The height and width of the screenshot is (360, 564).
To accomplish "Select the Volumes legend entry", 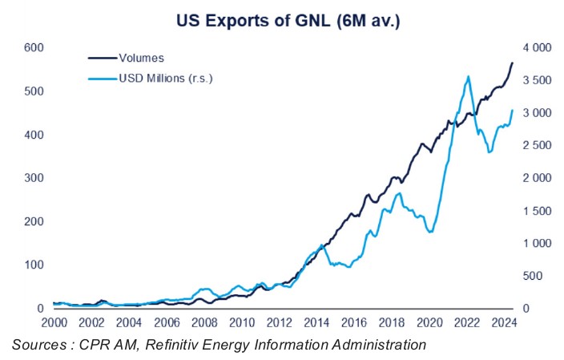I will pyautogui.click(x=141, y=58).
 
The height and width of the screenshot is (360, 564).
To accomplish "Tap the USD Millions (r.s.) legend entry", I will pyautogui.click(x=163, y=78).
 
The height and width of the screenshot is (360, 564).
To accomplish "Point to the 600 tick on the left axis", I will pyautogui.click(x=32, y=48).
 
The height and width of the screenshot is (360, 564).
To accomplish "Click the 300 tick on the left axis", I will pyautogui.click(x=32, y=178).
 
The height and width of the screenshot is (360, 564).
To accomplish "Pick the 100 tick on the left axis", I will pyautogui.click(x=32, y=265).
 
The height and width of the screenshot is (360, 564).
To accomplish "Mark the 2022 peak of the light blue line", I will pyautogui.click(x=468, y=76).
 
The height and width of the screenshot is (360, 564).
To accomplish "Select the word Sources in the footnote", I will pyautogui.click(x=38, y=346).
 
